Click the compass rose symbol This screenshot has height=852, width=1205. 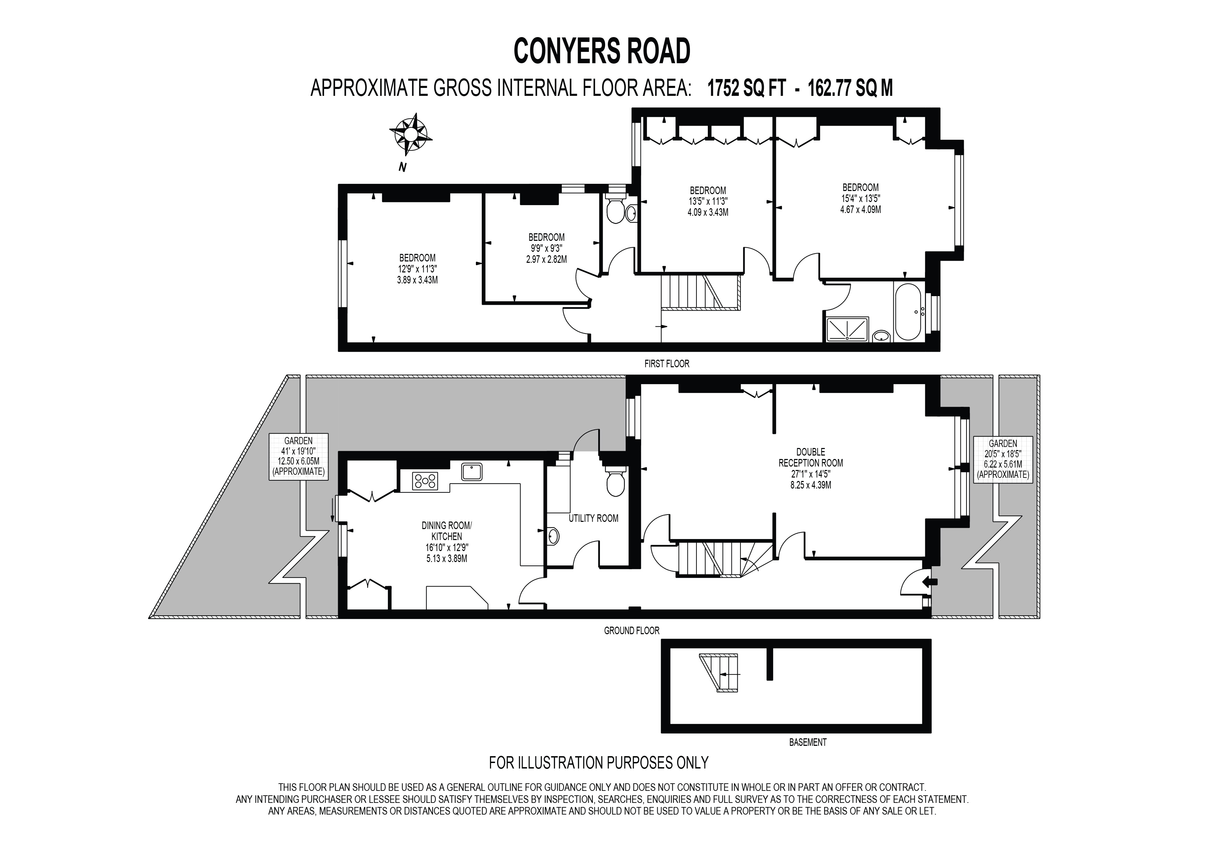coord(410,135)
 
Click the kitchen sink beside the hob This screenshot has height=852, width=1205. coord(472,472)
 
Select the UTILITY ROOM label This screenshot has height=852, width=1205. coord(594,518)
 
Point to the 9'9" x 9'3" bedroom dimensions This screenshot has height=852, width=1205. coord(546,248)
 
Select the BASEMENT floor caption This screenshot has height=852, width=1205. coord(808,742)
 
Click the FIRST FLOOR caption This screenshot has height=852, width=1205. coord(667,363)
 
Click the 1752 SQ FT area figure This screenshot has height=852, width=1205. coord(746,88)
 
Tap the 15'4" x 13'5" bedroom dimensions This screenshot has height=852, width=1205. coord(861,198)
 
